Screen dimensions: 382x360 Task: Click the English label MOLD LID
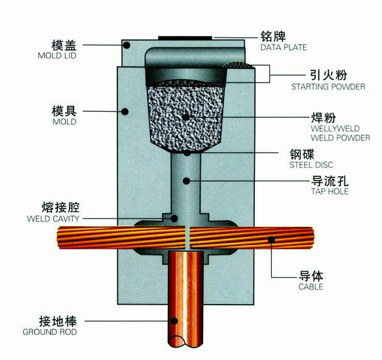pyautogui.click(x=57, y=55)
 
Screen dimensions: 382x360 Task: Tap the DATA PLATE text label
pyautogui.click(x=283, y=47)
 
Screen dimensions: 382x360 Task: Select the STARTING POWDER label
pyautogui.click(x=328, y=87)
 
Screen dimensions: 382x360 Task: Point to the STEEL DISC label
pyautogui.click(x=311, y=165)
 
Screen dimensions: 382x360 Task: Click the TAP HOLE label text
pyautogui.click(x=330, y=191)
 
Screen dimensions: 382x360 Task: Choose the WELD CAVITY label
pyautogui.click(x=53, y=218)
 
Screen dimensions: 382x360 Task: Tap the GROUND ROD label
pyautogui.click(x=50, y=332)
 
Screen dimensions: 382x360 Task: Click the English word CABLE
pyautogui.click(x=311, y=286)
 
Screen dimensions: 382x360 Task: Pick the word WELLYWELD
pyautogui.click(x=335, y=128)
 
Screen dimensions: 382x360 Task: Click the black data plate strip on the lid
pyautogui.click(x=185, y=38)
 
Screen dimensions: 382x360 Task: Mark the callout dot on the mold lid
pyautogui.click(x=127, y=45)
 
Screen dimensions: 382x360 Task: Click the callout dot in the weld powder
pyautogui.click(x=186, y=117)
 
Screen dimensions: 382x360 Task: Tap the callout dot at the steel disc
pyautogui.click(x=187, y=153)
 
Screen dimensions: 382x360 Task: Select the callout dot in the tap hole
pyautogui.click(x=187, y=181)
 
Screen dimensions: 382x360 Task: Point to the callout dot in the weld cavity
pyautogui.click(x=174, y=218)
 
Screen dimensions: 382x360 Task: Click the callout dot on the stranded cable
pyautogui.click(x=271, y=240)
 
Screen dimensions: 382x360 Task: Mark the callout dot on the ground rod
pyautogui.click(x=174, y=321)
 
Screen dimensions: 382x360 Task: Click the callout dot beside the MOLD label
pyautogui.click(x=125, y=111)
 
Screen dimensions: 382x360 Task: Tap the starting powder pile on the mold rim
pyautogui.click(x=239, y=65)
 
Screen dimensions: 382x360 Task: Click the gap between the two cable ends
pyautogui.click(x=187, y=238)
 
